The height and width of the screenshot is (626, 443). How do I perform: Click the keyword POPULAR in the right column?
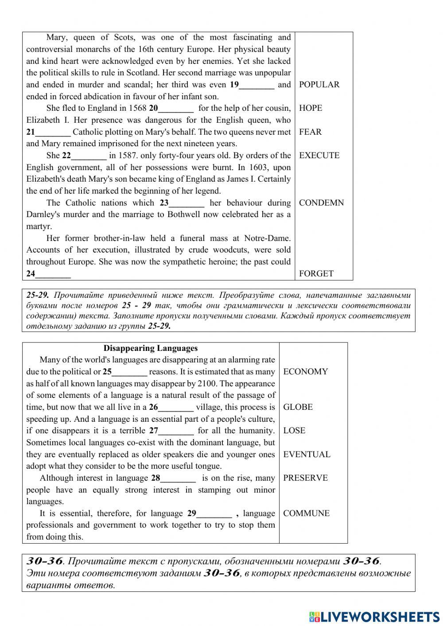tap(319, 85)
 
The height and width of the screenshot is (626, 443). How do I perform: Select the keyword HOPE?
tap(311, 108)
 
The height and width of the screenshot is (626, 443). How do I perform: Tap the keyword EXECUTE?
tap(319, 156)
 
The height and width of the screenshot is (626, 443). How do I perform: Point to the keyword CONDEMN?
tap(321, 203)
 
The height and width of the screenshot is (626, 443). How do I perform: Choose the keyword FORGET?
tap(316, 274)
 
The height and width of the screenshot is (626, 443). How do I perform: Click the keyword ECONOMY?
tap(305, 372)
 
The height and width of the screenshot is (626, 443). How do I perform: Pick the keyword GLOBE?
tap(298, 407)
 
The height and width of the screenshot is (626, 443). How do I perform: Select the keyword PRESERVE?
tap(305, 478)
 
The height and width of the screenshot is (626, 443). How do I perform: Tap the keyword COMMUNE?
tap(306, 513)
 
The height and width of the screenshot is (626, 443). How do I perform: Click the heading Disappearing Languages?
tap(151, 348)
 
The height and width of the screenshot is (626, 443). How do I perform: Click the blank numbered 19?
tap(256, 85)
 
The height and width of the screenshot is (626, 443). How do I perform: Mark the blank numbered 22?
tap(89, 156)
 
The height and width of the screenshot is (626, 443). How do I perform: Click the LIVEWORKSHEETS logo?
tap(374, 616)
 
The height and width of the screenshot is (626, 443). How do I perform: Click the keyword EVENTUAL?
tap(307, 455)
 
